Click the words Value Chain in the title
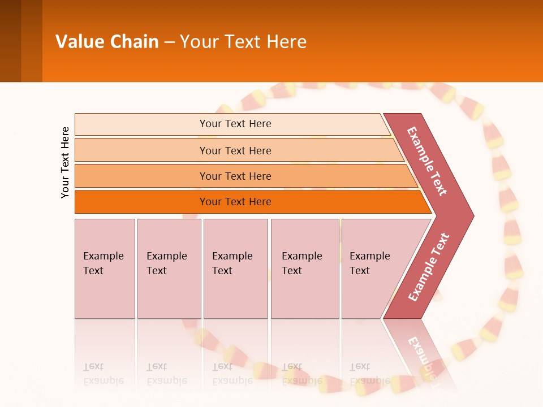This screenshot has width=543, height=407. pyautogui.click(x=107, y=41)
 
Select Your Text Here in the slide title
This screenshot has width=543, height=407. pyautogui.click(x=243, y=41)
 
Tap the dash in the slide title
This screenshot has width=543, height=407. pyautogui.click(x=169, y=42)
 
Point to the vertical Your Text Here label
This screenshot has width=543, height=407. pyautogui.click(x=65, y=162)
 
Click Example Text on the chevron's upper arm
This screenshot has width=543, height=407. pyautogui.click(x=427, y=161)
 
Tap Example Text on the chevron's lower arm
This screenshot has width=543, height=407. pyautogui.click(x=428, y=267)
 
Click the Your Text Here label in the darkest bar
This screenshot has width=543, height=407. pyautogui.click(x=235, y=202)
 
